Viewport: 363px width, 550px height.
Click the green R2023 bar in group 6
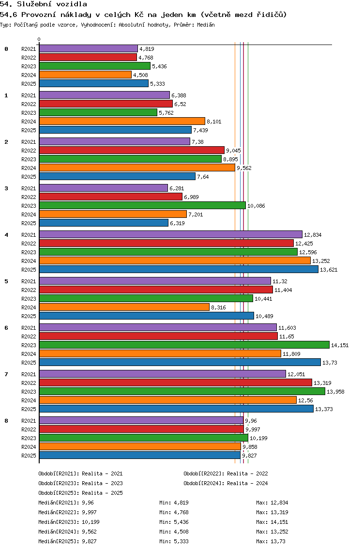[x=184, y=345]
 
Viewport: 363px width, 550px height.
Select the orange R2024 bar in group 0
[x=85, y=75]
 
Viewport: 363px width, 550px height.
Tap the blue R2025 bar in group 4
[x=179, y=269]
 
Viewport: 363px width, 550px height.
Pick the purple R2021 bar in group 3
[x=103, y=188]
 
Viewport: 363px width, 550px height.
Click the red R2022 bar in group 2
[x=132, y=150]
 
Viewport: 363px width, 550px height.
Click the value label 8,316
[x=219, y=307]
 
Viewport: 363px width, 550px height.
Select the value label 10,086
[x=256, y=206]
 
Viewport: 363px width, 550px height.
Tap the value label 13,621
[x=329, y=270]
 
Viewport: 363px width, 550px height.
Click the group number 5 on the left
[x=6, y=281]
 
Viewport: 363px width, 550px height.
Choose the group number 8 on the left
[x=6, y=421]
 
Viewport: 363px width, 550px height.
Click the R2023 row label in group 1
[x=29, y=113]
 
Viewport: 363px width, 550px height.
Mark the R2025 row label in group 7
[x=29, y=409]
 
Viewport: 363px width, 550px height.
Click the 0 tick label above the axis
[x=39, y=39]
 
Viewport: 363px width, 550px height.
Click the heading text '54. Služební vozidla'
[x=37, y=4]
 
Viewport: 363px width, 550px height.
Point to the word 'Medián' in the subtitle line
[x=205, y=24]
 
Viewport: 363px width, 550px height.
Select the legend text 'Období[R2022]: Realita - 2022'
[x=226, y=474]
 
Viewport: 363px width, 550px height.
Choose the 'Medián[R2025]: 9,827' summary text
[x=67, y=541]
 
